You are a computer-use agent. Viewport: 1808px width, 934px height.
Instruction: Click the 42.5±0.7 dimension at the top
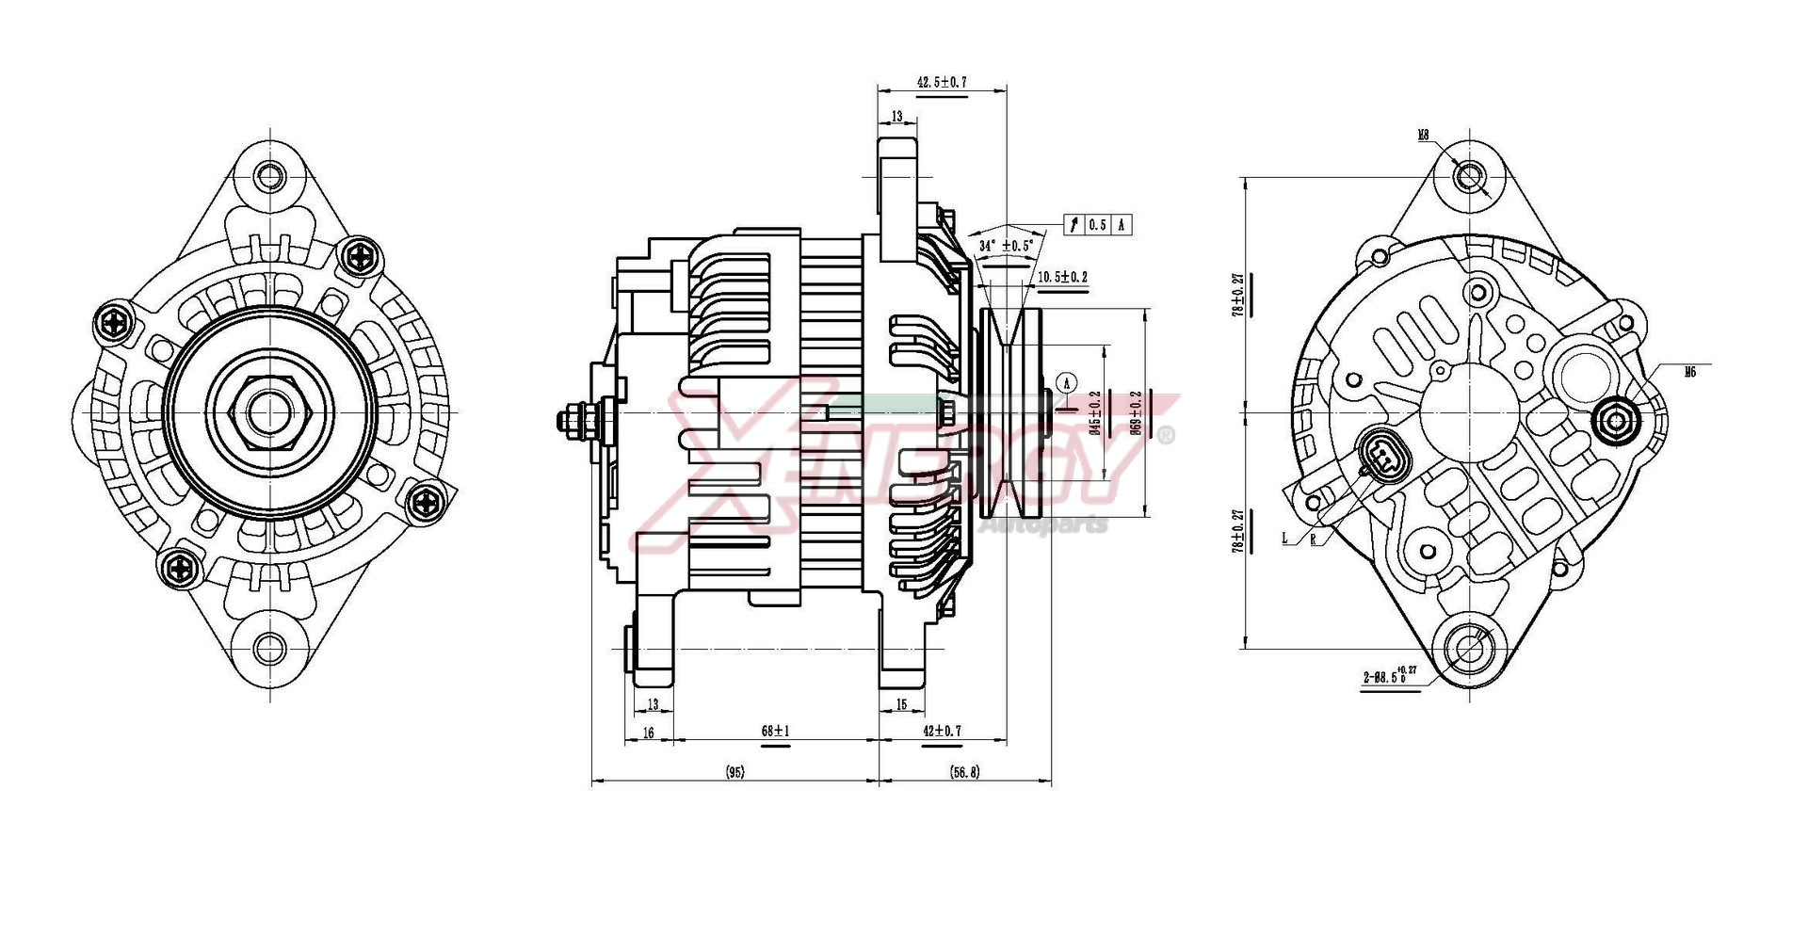(x=942, y=83)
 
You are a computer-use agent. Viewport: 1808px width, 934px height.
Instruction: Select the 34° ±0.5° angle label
(x=1006, y=246)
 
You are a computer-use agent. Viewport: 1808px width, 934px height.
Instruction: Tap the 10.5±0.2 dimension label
(x=1062, y=277)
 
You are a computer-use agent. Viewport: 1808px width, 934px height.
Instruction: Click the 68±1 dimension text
(x=775, y=731)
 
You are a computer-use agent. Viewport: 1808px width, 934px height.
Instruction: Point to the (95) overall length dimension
(x=735, y=772)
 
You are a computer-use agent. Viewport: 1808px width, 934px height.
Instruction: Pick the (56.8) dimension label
(x=965, y=772)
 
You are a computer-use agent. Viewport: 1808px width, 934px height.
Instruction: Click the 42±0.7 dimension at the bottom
(x=942, y=731)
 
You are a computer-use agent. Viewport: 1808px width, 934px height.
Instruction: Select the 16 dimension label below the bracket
(x=648, y=732)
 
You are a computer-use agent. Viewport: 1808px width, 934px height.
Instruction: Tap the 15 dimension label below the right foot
(x=901, y=704)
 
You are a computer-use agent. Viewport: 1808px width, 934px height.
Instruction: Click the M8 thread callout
(x=1424, y=136)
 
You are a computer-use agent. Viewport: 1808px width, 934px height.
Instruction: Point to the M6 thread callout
(x=1690, y=372)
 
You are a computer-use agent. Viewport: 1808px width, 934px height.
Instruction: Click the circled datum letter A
(x=1067, y=382)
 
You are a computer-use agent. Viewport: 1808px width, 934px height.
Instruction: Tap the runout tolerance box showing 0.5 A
(x=1097, y=224)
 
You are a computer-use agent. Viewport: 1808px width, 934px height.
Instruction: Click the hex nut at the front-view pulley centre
(x=270, y=411)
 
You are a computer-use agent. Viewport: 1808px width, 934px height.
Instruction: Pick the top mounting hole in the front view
(x=270, y=176)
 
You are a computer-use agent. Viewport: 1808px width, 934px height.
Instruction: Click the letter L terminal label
(x=1284, y=539)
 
